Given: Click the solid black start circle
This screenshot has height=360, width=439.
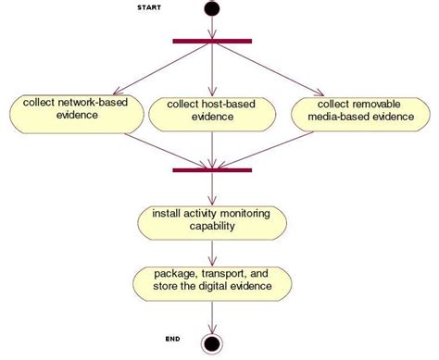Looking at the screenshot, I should pos(213,9).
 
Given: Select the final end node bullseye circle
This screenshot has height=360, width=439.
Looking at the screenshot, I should pos(213,344).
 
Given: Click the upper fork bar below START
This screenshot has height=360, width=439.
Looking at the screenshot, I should pos(213,40).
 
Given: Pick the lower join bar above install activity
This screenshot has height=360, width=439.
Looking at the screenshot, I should pos(213,169).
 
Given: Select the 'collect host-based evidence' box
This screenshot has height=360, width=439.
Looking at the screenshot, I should pos(212,111).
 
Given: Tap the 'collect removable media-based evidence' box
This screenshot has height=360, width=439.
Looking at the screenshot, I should pos(357,111).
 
